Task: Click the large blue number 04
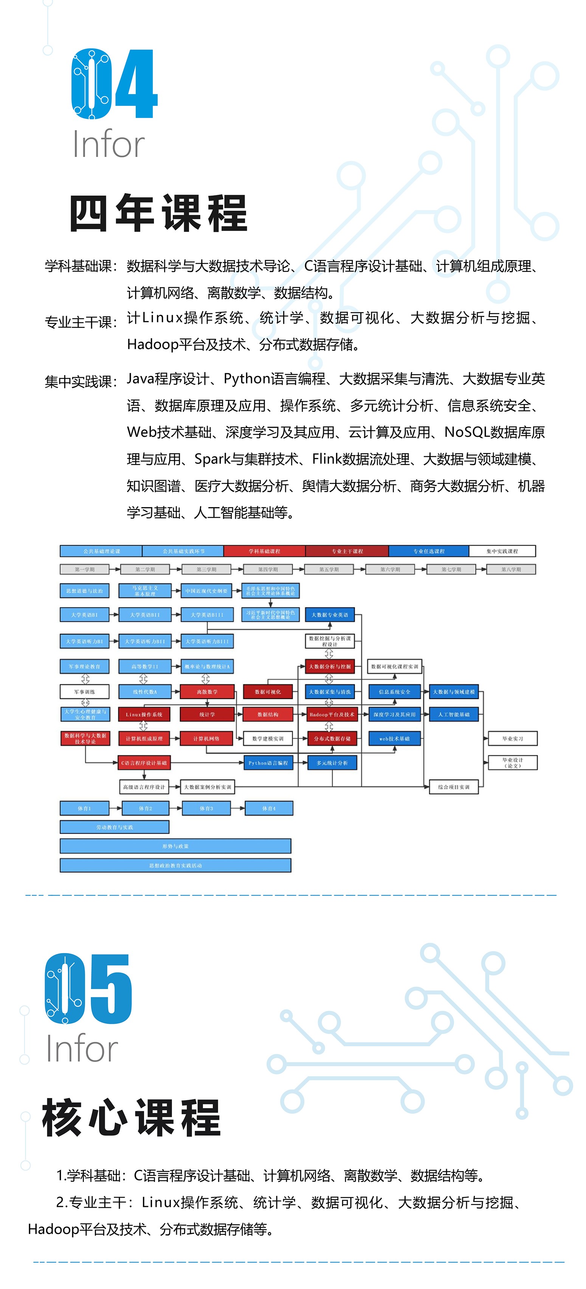[x=114, y=84]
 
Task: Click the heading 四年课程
[x=158, y=213]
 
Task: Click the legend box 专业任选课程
[x=428, y=551]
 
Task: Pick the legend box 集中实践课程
[x=502, y=551]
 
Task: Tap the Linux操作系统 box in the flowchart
[x=144, y=714]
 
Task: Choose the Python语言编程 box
[x=268, y=763]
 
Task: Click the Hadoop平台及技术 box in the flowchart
[x=332, y=714]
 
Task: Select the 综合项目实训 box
[x=454, y=787]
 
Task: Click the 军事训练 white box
[x=85, y=691]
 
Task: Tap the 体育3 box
[x=206, y=808]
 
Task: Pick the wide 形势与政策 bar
[x=175, y=846]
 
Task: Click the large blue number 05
[x=88, y=989]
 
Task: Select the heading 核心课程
[x=132, y=1118]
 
